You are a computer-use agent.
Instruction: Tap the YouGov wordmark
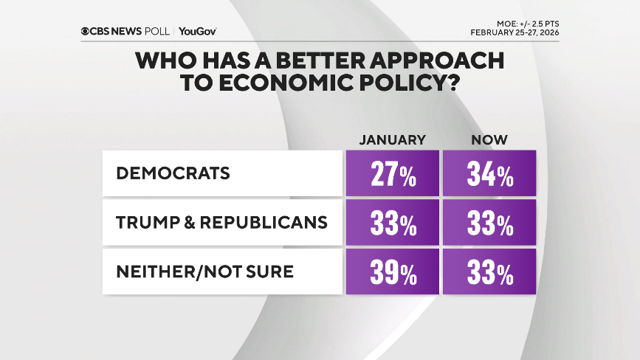[x=198, y=31]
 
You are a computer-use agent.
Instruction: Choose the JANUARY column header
[x=393, y=139]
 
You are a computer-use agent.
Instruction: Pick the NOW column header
[x=489, y=139]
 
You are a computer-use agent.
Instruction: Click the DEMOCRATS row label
[x=172, y=173]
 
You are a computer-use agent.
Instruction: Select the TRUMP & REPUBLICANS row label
[x=221, y=223]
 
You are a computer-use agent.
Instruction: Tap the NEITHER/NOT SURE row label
[x=204, y=271]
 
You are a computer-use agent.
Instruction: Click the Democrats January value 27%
[x=393, y=174]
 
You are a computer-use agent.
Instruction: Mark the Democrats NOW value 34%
[x=489, y=174]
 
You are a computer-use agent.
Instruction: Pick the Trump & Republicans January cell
[x=393, y=224]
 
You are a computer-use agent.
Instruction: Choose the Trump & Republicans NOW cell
[x=489, y=224]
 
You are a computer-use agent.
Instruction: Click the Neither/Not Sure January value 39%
[x=393, y=272]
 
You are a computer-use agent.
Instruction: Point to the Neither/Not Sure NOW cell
[x=489, y=272]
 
